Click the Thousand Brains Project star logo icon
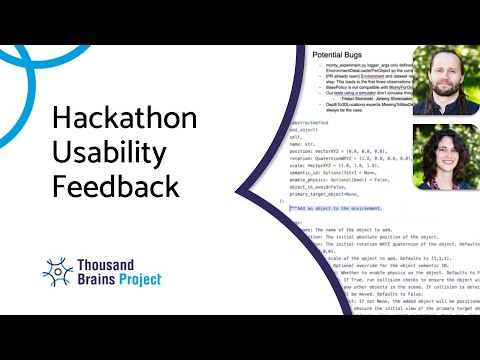point(58,271)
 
